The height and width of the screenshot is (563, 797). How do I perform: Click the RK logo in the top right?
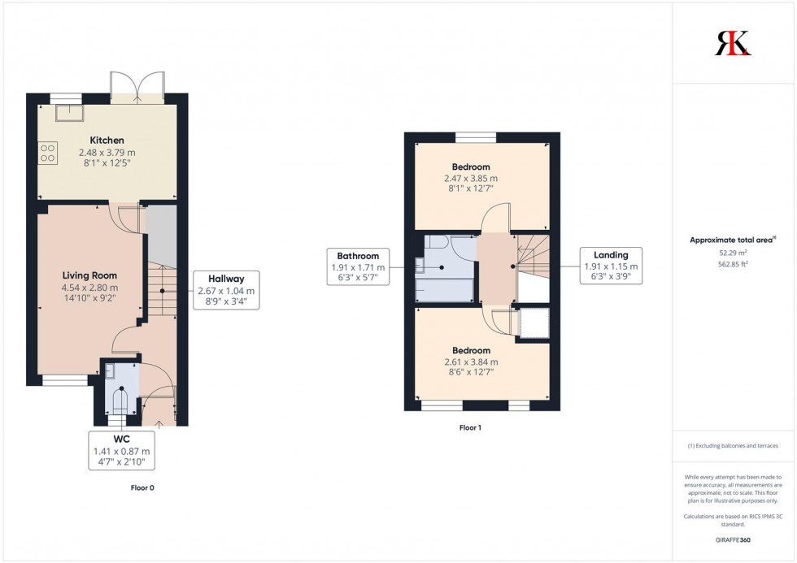[x=733, y=43]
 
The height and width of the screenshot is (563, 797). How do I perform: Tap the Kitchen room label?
[x=107, y=141]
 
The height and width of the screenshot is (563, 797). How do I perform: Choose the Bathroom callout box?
[x=358, y=266]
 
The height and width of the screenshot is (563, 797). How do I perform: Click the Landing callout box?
[x=610, y=266]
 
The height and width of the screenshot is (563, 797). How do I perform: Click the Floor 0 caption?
[x=142, y=488]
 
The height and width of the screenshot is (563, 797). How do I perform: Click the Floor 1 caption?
[x=470, y=427]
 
